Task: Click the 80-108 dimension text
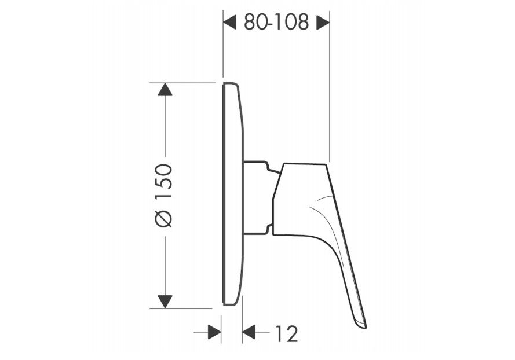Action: point(276,23)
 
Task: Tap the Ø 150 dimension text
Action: point(165,195)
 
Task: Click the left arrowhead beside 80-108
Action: point(231,23)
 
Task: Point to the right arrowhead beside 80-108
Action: point(323,23)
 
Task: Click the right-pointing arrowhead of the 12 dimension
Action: point(214,332)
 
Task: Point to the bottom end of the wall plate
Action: point(229,304)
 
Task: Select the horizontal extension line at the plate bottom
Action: point(185,308)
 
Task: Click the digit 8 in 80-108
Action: point(250,23)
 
